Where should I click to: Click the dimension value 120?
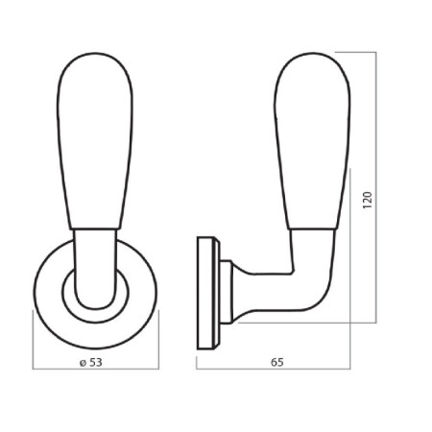tap(368, 200)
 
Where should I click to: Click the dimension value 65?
tap(277, 362)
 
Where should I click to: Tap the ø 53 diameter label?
tap(91, 362)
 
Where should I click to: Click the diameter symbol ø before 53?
tap(83, 363)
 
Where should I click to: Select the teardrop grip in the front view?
tap(95, 141)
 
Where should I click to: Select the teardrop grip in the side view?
tap(312, 141)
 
